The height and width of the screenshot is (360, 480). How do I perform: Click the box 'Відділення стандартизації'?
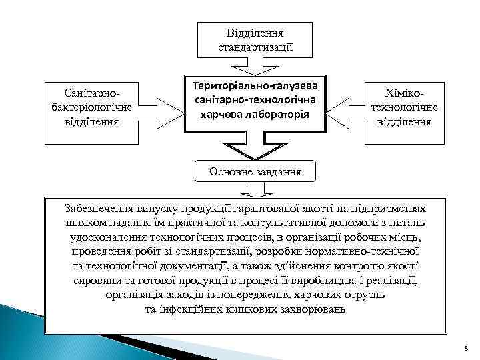pyautogui.click(x=255, y=39)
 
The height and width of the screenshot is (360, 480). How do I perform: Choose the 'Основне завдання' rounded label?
pyautogui.click(x=255, y=171)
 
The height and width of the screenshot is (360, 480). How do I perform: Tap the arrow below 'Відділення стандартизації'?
pyautogui.click(x=255, y=66)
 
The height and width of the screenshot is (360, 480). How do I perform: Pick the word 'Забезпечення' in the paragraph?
pyautogui.click(x=97, y=208)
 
